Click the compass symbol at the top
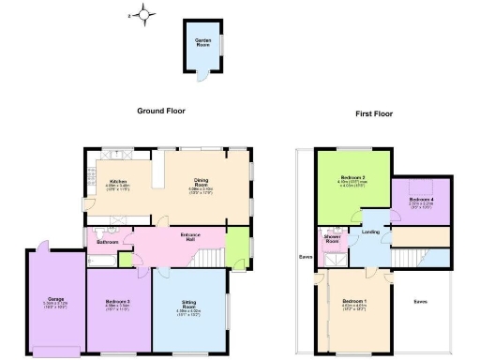pyautogui.click(x=144, y=14)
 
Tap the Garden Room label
pyautogui.click(x=202, y=41)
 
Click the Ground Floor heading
pyautogui.click(x=161, y=111)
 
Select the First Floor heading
pyautogui.click(x=374, y=113)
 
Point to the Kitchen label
pyautogui.click(x=118, y=183)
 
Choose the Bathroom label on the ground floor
pyautogui.click(x=108, y=242)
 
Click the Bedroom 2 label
pyautogui.click(x=352, y=178)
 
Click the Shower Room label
pyautogui.click(x=332, y=240)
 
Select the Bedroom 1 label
pyautogui.click(x=353, y=302)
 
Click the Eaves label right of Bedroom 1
pyautogui.click(x=421, y=302)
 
